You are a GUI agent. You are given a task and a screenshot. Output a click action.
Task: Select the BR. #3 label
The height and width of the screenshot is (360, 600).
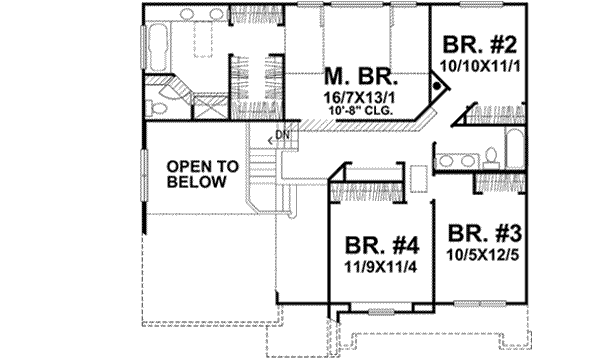[x=484, y=234]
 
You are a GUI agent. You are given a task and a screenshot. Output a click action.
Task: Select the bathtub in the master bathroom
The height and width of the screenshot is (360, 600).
[x=158, y=45]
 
